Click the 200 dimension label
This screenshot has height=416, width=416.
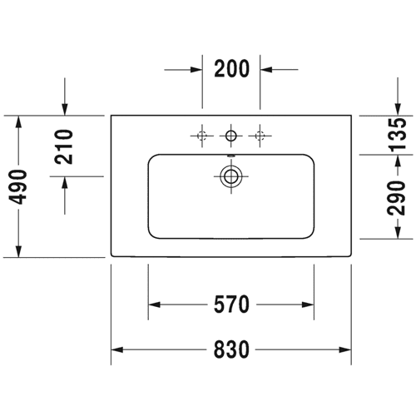coord(232,68)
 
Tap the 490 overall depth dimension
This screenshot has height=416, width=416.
coord(18,186)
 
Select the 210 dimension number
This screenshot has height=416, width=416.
coord(64,146)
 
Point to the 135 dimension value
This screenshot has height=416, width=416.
coord(397,135)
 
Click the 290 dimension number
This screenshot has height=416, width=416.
coord(396,197)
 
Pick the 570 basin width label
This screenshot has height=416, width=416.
coord(231,305)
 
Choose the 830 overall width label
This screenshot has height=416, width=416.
coord(231,349)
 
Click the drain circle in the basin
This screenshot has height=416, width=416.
coord(230,176)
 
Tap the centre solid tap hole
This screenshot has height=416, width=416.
coord(230,136)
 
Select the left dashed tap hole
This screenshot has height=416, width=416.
coord(201,136)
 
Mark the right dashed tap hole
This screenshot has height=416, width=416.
coord(260,136)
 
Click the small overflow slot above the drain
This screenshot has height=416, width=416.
coord(230,156)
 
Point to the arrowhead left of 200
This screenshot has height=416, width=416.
coord(196,70)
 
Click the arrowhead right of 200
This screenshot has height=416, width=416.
coord(266,69)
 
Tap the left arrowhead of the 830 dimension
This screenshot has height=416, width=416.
coord(117,349)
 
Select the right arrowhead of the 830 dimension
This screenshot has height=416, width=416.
coord(345,349)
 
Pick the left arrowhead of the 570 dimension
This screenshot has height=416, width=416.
coord(154,305)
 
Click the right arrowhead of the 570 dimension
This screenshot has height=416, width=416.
coord(308,305)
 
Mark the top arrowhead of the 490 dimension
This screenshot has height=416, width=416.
coord(18,121)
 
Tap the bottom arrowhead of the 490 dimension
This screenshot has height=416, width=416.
coord(18,251)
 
